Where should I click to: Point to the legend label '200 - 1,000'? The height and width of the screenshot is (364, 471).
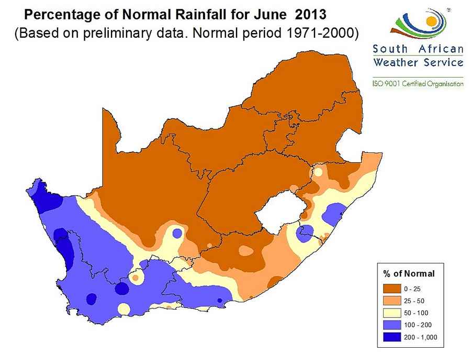click(421, 337)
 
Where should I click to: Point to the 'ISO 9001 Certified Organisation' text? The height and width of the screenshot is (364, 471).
click(418, 83)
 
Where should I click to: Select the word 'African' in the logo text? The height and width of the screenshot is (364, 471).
click(441, 50)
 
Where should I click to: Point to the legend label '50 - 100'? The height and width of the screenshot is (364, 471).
click(417, 313)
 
